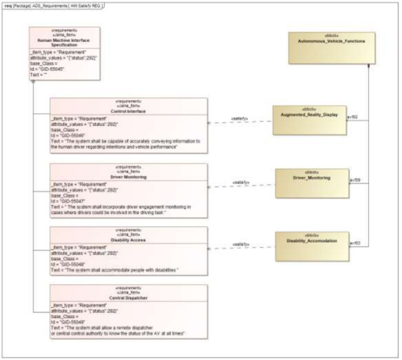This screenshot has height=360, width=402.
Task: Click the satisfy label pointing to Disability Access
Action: (241, 244)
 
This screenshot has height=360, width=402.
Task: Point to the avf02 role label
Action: (352, 117)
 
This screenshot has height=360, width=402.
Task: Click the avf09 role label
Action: (355, 180)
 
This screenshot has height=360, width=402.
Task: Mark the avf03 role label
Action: (355, 242)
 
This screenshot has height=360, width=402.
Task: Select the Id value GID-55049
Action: (68, 322)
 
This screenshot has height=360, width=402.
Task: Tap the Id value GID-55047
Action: (68, 200)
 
